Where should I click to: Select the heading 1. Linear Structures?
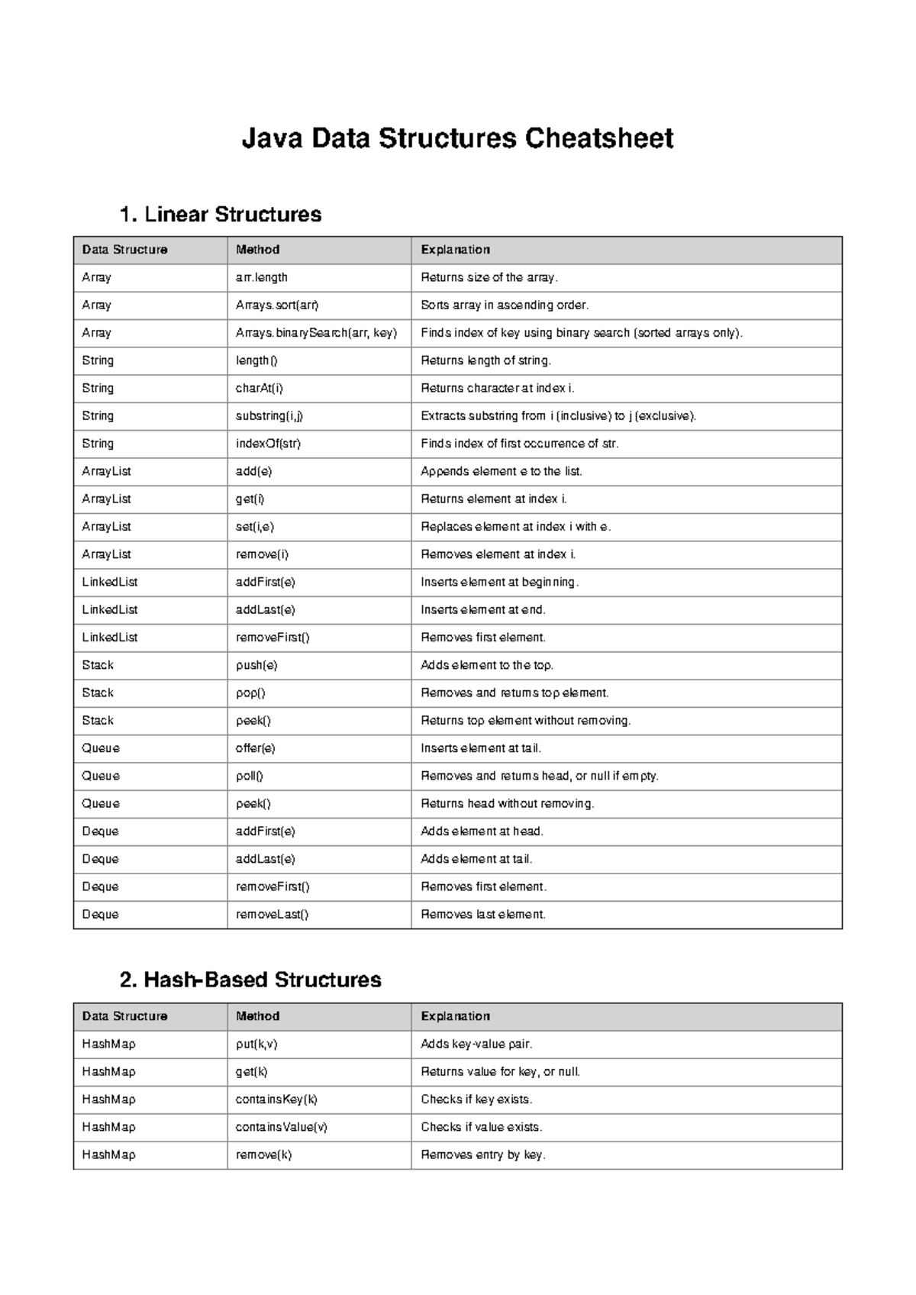pos(221,215)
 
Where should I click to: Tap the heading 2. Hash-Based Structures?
pos(250,980)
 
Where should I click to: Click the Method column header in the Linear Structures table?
pos(258,250)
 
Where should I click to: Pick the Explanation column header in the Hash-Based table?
pos(455,1016)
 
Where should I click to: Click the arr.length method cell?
pos(262,277)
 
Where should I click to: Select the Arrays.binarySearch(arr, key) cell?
pos(316,333)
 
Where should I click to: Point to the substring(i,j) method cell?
pos(269,416)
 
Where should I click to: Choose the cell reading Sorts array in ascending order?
pos(505,305)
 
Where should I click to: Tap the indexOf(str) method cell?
pos(268,444)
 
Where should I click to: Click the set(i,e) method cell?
pos(255,527)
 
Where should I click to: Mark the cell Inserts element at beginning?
pos(499,582)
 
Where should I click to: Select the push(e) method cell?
pos(256,665)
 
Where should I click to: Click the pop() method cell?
pos(250,693)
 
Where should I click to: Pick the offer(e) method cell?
pos(255,748)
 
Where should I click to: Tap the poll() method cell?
pos(249,776)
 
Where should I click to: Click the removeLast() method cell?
pos(272,915)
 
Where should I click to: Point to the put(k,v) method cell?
pos(256,1044)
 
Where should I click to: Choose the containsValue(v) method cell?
pos(281,1127)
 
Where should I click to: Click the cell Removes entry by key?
pos(482,1155)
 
